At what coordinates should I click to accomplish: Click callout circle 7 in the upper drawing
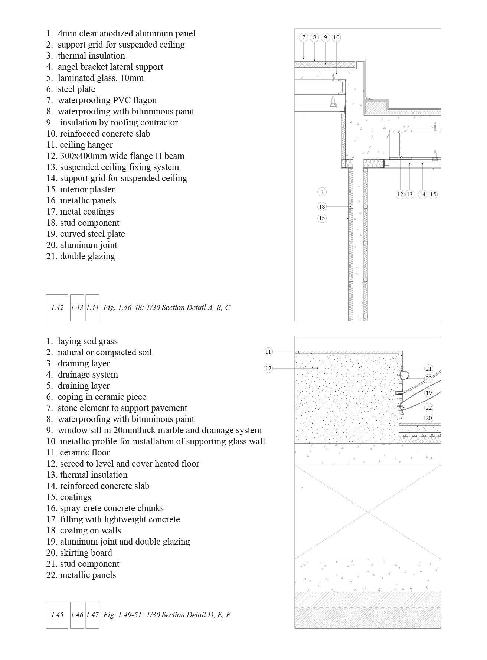click(x=304, y=37)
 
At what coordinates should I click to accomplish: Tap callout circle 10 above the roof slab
click(x=336, y=37)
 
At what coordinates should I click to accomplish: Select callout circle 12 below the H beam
click(x=400, y=194)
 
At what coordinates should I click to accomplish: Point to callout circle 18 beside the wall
click(x=322, y=206)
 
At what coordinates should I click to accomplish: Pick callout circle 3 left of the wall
click(x=322, y=192)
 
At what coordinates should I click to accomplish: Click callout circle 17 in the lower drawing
click(x=268, y=368)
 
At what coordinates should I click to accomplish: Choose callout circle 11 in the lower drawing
click(x=268, y=352)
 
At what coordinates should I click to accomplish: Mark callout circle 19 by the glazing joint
click(x=429, y=393)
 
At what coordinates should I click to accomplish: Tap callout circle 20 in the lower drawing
click(x=429, y=418)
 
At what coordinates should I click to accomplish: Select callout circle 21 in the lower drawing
click(x=429, y=369)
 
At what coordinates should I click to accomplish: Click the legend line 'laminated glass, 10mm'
click(x=100, y=78)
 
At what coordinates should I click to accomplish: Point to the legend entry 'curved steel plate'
click(x=92, y=234)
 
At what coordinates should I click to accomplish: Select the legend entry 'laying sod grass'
click(x=87, y=341)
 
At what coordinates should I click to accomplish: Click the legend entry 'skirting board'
click(x=86, y=553)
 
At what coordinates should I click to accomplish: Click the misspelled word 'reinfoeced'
click(x=77, y=134)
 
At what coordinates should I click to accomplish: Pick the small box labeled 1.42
click(x=57, y=307)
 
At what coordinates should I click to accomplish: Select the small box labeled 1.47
click(x=92, y=615)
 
